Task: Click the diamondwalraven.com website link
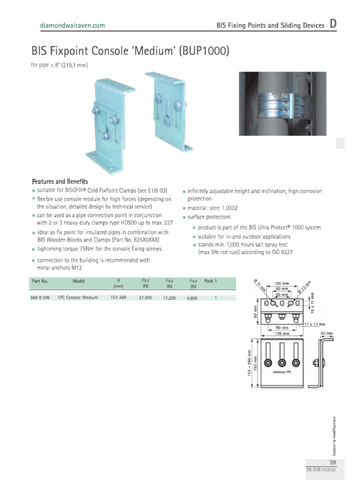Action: [72, 26]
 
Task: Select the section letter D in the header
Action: [332, 24]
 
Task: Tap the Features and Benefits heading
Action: [60, 181]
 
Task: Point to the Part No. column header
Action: [40, 281]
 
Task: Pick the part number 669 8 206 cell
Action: [40, 298]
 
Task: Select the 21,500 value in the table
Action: [145, 298]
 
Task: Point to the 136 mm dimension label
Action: [281, 333]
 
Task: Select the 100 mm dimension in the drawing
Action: [281, 284]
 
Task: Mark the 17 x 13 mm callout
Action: [314, 324]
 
